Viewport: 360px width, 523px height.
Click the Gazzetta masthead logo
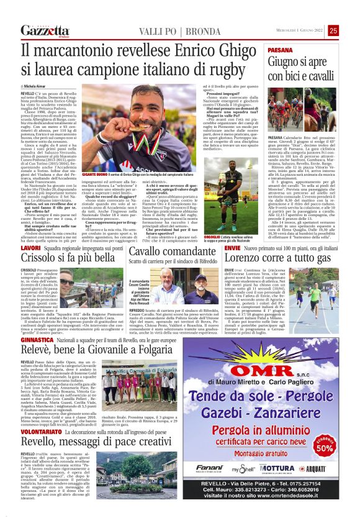point(45,31)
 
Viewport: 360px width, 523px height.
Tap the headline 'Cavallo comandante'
point(167,252)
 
